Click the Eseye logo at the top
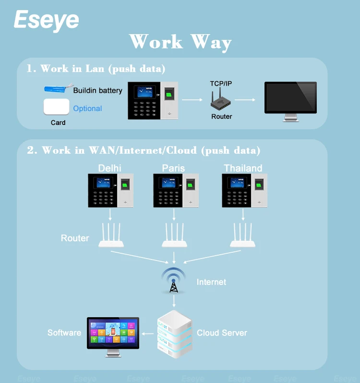click(x=46, y=20)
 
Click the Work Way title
click(x=180, y=42)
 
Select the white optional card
click(x=57, y=107)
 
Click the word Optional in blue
click(x=87, y=109)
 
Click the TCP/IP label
click(x=221, y=84)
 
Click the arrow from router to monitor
click(x=244, y=100)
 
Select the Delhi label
click(x=109, y=168)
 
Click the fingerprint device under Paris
click(x=176, y=190)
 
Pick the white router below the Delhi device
click(x=111, y=237)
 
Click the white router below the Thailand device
click(x=242, y=237)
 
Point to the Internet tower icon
click(x=173, y=281)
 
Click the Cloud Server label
click(x=222, y=333)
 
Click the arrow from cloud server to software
click(x=148, y=334)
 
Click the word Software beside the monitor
click(x=64, y=333)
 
